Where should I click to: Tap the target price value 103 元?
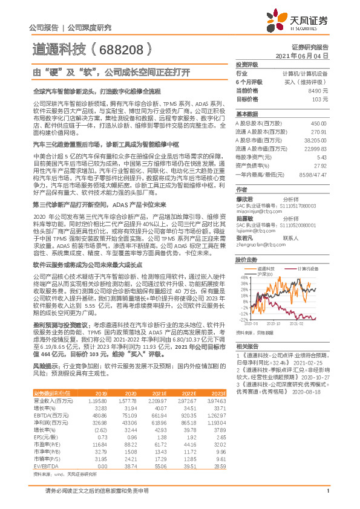pos(319,99)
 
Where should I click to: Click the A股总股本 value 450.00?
pos(318,123)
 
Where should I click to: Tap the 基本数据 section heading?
pos(246,114)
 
